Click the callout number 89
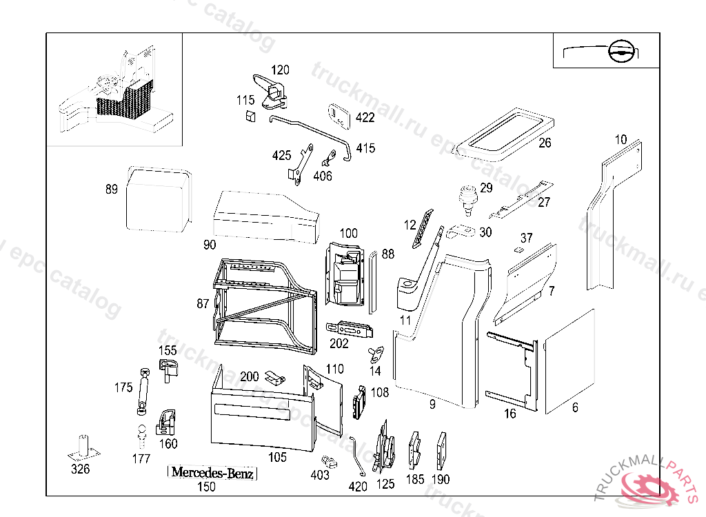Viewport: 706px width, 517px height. point(112,190)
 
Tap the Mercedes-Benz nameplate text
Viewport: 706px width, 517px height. point(212,473)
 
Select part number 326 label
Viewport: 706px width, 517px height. point(81,470)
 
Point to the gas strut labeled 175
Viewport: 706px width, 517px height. point(143,391)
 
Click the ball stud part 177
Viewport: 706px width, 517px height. point(141,436)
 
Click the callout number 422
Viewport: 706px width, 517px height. point(365,118)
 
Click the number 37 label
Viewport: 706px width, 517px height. point(527,239)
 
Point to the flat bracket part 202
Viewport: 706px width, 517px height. point(350,330)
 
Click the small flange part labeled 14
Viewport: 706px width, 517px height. point(376,354)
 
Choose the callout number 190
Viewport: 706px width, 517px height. point(440,479)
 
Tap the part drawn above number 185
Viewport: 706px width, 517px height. point(415,449)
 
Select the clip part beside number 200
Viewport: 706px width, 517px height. point(275,377)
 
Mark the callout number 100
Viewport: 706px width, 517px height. point(349,234)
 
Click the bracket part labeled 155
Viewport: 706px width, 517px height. point(168,368)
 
